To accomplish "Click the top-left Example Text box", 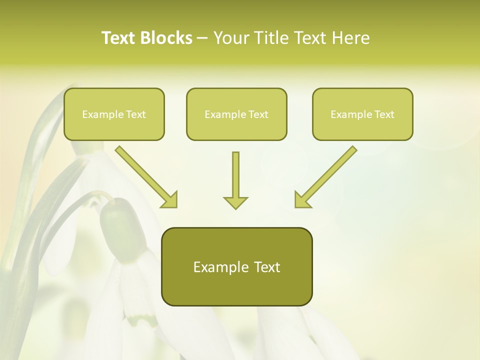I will point(114,114).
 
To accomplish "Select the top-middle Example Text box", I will point(236,114).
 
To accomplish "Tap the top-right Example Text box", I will point(362,114).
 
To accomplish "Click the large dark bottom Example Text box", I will point(236,267).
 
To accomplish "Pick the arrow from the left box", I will point(145,175).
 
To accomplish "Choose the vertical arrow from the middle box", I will point(235,177).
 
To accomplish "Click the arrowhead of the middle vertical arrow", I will point(235,202).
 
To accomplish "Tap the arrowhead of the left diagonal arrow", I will point(169,200).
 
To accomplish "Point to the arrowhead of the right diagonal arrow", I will point(302,200).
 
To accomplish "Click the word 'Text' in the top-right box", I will point(384,114).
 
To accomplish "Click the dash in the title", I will point(202,38).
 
